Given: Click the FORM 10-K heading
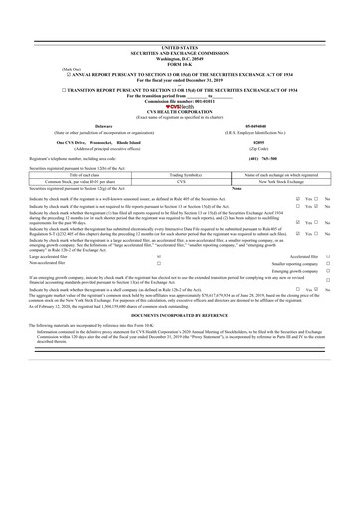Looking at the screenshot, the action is (x=180, y=32).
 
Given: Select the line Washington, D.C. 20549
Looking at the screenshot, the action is (x=180, y=27).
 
